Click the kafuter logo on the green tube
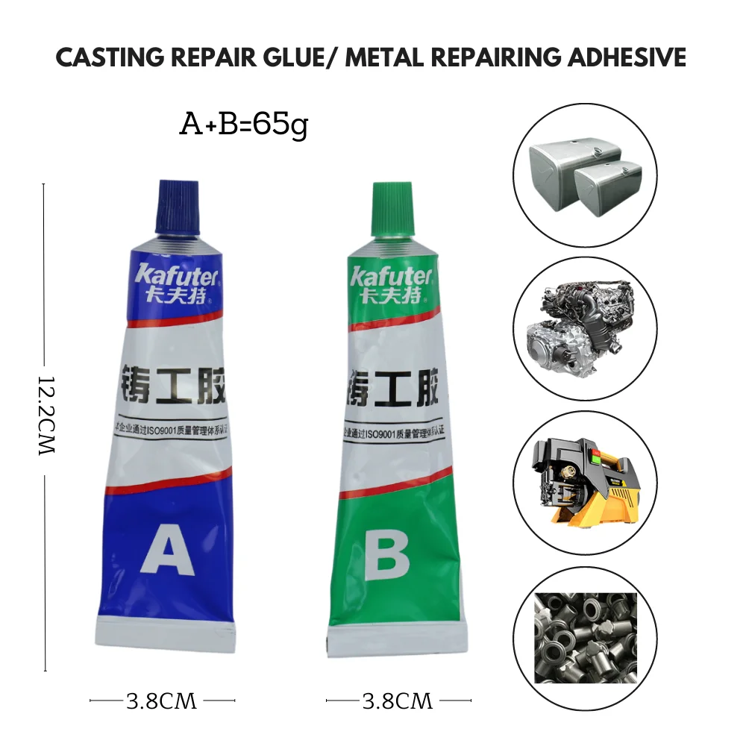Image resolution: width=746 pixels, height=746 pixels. coord(391,277)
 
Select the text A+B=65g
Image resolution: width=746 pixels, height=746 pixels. coord(243,124)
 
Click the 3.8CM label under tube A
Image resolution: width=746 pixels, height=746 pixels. coord(161,700)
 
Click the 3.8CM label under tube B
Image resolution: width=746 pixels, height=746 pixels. coord(397,700)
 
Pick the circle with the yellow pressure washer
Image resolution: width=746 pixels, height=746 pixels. coord(584,480)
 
